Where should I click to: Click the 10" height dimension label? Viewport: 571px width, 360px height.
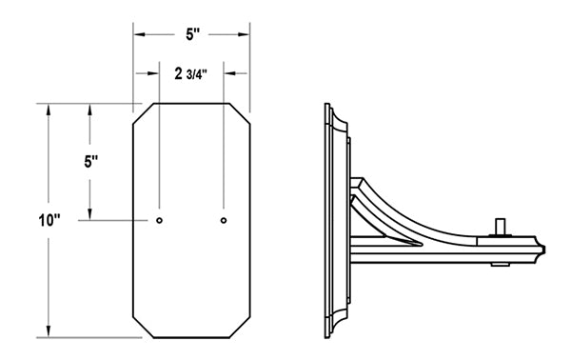click(49, 220)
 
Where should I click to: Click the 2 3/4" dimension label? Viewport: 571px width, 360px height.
click(191, 74)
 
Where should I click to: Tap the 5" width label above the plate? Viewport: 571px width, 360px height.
click(192, 34)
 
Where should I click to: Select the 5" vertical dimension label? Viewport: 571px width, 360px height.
click(91, 161)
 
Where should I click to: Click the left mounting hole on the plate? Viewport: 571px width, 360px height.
click(159, 220)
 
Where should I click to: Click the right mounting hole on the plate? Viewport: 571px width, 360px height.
click(224, 220)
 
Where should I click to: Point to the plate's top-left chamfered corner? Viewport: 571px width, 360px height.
click(143, 113)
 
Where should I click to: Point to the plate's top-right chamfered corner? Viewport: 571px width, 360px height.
click(240, 113)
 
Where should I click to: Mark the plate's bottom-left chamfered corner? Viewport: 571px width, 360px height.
click(143, 328)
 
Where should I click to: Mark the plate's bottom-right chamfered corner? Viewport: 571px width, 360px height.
click(240, 328)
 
